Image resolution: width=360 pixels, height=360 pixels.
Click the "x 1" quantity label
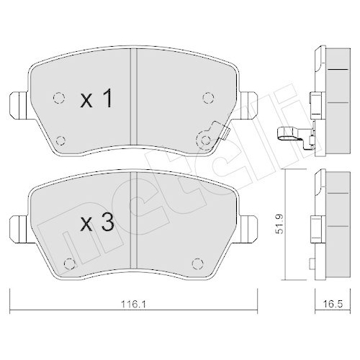coord(96,100)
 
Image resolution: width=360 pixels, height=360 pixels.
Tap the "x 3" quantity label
coord(96,223)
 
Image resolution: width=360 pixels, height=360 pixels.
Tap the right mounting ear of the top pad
coord(250,106)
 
